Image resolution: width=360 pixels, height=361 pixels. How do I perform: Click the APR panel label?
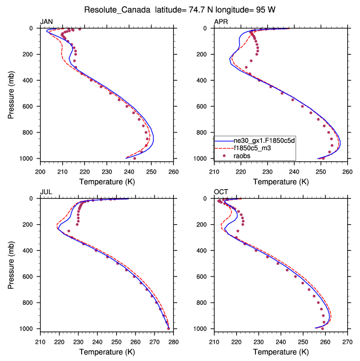[221, 22]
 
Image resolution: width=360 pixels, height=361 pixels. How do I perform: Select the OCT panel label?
[221, 192]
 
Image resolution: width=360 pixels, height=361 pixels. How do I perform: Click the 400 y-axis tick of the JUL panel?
[30, 251]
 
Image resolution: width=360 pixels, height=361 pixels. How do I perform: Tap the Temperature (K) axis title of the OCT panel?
[281, 352]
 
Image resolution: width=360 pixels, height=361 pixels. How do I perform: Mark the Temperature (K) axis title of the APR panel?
[281, 181]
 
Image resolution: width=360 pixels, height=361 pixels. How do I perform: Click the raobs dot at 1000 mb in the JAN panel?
[134, 159]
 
